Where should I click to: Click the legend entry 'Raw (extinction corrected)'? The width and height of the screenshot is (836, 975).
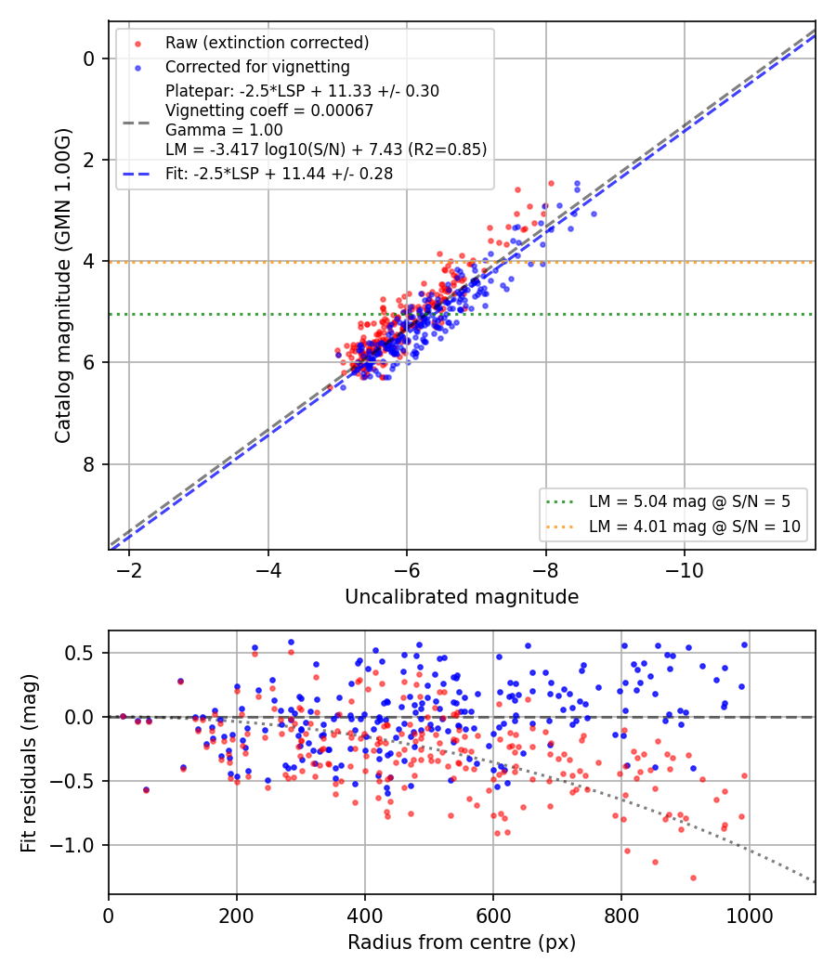pos(267,43)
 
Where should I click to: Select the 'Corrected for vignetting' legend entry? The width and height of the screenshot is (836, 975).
pos(257,67)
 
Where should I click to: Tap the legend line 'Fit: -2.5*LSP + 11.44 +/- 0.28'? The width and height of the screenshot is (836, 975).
pos(280,174)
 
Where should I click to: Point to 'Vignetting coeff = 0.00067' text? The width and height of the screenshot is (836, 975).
pos(269,110)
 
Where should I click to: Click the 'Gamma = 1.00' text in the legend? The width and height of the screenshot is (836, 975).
pos(224,130)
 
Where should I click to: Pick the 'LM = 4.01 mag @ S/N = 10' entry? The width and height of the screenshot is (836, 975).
pos(694,526)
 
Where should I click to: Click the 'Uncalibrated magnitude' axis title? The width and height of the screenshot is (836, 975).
pos(462,597)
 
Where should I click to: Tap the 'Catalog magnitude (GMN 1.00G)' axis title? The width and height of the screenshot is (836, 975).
pos(63,286)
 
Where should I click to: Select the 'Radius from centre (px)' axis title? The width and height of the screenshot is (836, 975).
pos(462,942)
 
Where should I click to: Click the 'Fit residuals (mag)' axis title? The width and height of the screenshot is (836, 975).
pos(29,763)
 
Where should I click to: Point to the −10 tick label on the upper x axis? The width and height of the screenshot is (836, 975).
pos(685,570)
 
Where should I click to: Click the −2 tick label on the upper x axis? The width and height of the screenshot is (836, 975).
pos(129,570)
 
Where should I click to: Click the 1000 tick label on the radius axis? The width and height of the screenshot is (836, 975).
pos(750,916)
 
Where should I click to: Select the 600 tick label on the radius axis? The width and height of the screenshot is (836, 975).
pos(493,916)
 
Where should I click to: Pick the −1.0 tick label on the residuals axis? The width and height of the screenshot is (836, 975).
pos(72,846)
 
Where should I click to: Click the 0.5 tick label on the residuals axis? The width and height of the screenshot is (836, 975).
pos(78,654)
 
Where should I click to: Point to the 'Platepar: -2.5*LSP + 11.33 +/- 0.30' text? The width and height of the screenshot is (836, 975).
pos(302,91)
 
